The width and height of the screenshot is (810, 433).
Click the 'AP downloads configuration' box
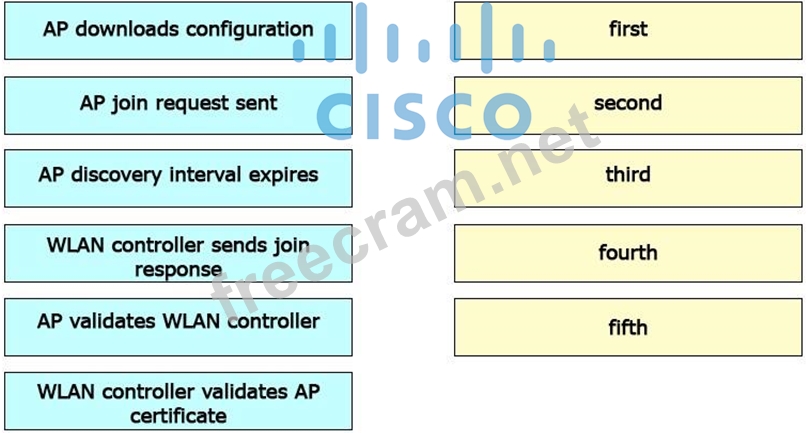coord(178,30)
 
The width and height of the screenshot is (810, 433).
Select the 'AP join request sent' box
coord(178,104)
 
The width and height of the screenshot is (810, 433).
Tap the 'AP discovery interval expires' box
coord(178,176)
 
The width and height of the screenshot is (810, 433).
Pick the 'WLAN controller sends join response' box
coord(178,254)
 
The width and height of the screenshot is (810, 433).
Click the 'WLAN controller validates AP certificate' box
coord(178,401)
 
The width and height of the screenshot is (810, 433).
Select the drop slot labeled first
coord(628,30)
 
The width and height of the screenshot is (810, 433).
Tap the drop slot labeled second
coord(628,104)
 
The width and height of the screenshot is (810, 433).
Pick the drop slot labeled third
coord(628,176)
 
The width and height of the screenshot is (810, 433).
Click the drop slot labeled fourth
coord(628,253)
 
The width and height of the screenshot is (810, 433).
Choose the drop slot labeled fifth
coord(628,327)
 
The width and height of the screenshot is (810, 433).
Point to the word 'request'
coord(196,103)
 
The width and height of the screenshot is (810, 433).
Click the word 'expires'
coord(282,176)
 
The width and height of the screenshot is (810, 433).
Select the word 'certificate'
coord(178,415)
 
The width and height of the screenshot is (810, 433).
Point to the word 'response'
coord(178,269)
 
